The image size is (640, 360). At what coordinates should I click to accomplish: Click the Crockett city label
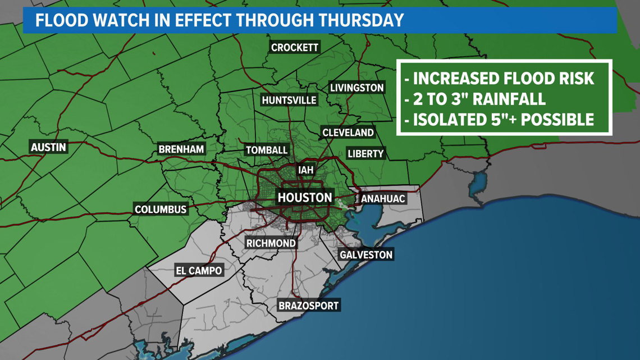coord(295,48)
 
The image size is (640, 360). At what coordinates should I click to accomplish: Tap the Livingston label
coord(356,88)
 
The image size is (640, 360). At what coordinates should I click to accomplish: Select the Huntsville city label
coord(289,101)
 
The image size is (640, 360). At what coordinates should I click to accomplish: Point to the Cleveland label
coord(348,133)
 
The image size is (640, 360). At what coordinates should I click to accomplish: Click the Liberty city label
coord(365,154)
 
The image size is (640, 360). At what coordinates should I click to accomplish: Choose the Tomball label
coord(267,151)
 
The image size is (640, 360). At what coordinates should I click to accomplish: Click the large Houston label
coord(305,198)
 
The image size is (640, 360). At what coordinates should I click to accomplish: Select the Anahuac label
coord(382,199)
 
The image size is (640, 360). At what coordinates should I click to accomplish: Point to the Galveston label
coord(366,255)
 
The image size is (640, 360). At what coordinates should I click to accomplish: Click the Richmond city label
coord(271,243)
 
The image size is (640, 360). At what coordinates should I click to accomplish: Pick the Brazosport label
coord(309,306)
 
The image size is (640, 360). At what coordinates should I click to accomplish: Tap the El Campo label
coord(198,271)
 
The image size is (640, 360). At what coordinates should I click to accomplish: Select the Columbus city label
coord(161,209)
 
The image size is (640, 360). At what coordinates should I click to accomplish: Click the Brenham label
coord(181,149)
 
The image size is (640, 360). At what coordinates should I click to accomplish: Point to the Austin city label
coord(48,148)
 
